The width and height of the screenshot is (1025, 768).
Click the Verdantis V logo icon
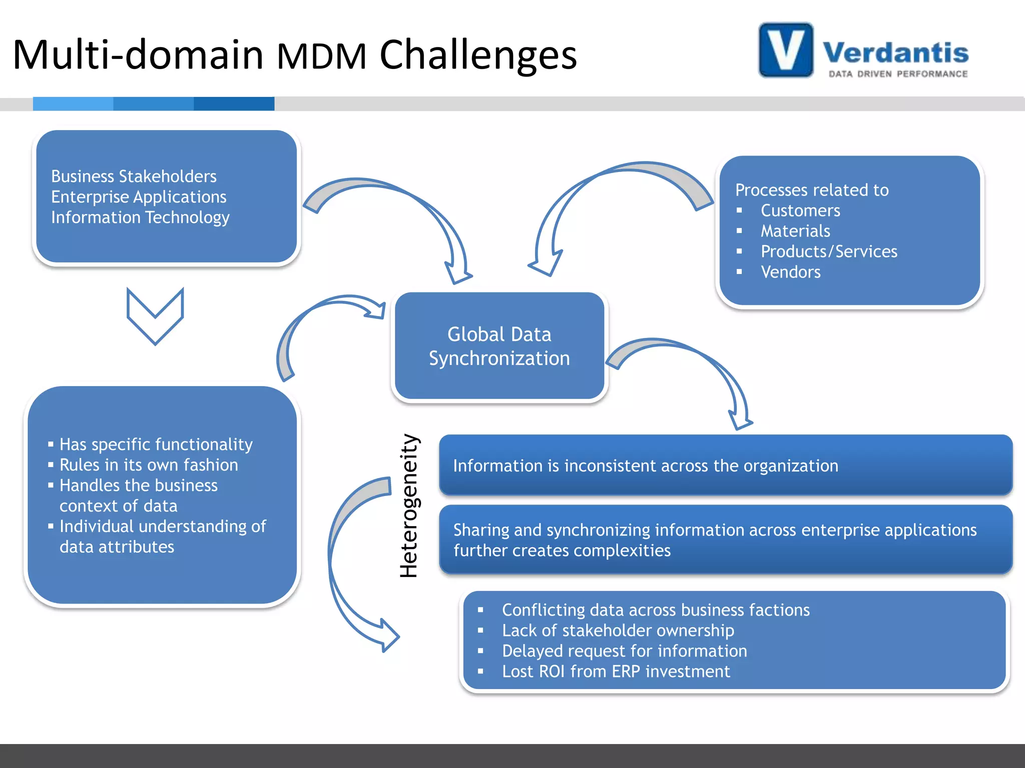tap(785, 50)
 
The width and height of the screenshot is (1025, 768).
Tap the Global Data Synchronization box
tap(499, 346)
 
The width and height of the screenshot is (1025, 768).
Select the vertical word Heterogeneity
tap(409, 505)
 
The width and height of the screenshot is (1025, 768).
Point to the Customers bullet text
tap(800, 210)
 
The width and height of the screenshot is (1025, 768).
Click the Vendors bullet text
tap(790, 272)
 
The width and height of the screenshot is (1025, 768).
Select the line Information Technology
tap(140, 217)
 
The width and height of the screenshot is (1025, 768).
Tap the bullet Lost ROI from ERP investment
tap(616, 671)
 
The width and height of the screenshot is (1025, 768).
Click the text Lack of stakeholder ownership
tap(618, 630)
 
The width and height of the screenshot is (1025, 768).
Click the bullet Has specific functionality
tap(156, 444)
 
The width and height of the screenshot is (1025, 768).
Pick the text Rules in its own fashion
tap(149, 465)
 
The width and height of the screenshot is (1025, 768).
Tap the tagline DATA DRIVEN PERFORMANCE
tap(898, 74)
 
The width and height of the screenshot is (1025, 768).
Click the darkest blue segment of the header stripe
tap(234, 103)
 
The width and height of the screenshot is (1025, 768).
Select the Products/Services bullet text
tap(828, 251)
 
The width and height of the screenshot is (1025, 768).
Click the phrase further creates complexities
tap(562, 550)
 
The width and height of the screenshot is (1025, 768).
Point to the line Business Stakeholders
tap(134, 176)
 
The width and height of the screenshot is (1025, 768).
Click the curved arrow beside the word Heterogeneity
tap(345, 560)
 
